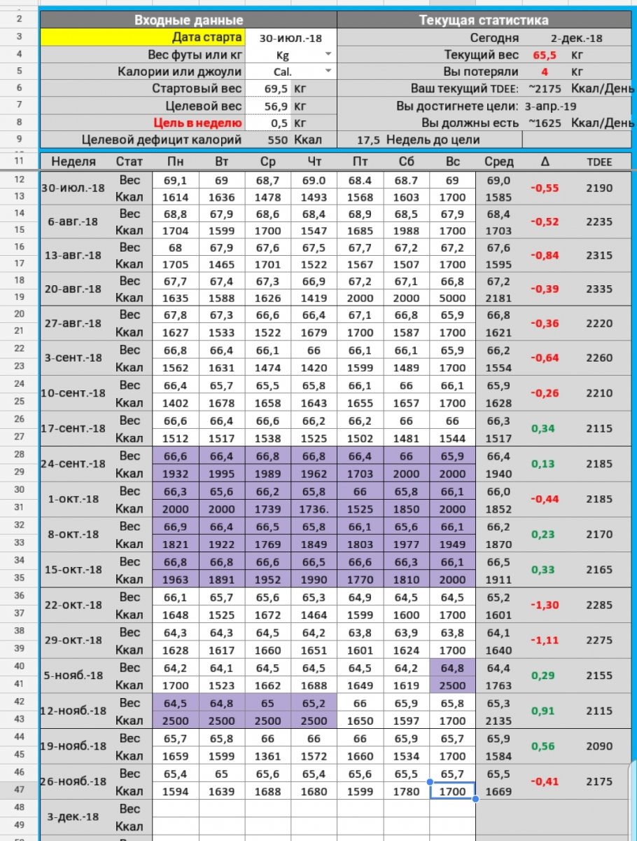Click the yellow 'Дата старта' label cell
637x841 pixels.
click(x=143, y=37)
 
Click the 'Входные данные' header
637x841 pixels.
click(x=189, y=20)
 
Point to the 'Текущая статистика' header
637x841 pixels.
click(x=484, y=20)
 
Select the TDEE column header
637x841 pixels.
click(x=599, y=162)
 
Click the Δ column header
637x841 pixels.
click(x=545, y=162)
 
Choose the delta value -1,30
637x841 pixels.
click(x=545, y=605)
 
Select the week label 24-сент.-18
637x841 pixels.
click(x=73, y=464)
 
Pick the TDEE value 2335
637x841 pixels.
click(x=599, y=289)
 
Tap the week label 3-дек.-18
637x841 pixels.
click(x=73, y=816)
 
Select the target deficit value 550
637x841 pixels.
click(x=277, y=139)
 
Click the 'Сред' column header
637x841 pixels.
click(x=498, y=162)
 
